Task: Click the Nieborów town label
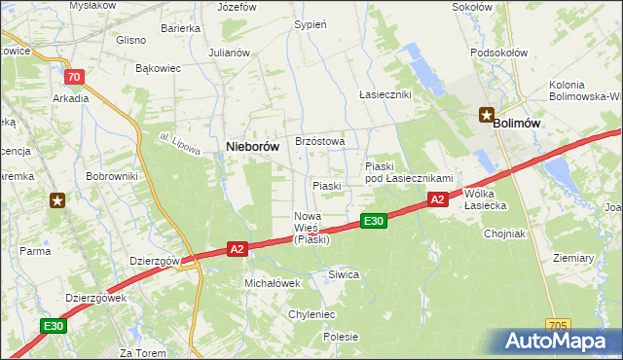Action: point(253,146)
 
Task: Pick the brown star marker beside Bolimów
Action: point(487,116)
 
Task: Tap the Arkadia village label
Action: point(71,98)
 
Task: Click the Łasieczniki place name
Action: point(385,94)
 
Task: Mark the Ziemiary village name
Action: point(572,258)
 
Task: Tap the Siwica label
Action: point(344,275)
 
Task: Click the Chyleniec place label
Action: point(311,315)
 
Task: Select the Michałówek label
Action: point(272,282)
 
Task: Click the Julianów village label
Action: point(230,53)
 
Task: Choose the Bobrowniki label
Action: point(112,176)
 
